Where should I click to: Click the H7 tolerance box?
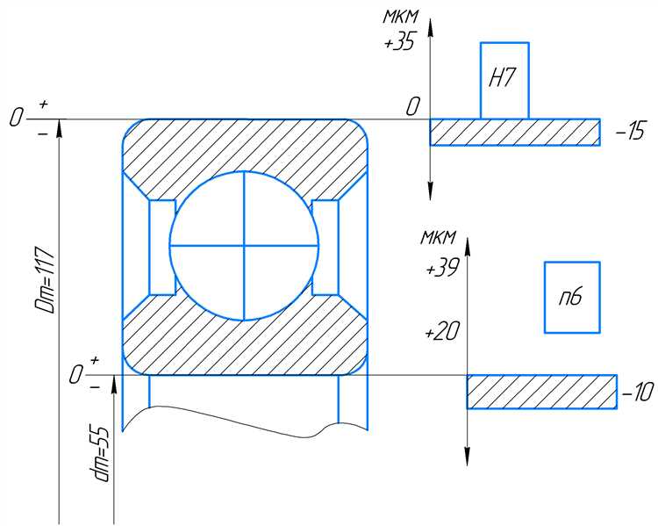504,81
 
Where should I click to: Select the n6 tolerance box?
572,298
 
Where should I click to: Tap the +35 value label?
400,42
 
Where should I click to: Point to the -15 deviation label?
630,132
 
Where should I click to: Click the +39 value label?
443,267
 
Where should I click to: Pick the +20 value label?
442,331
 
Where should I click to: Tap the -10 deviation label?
638,393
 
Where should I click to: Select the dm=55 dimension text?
101,454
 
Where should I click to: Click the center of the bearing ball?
244,245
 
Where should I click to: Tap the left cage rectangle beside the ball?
162,248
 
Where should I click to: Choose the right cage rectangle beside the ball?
325,248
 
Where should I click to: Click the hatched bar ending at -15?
515,133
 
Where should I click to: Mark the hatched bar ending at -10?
542,392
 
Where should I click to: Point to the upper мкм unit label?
401,17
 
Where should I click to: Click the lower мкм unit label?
439,238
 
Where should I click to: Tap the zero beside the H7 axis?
412,107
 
